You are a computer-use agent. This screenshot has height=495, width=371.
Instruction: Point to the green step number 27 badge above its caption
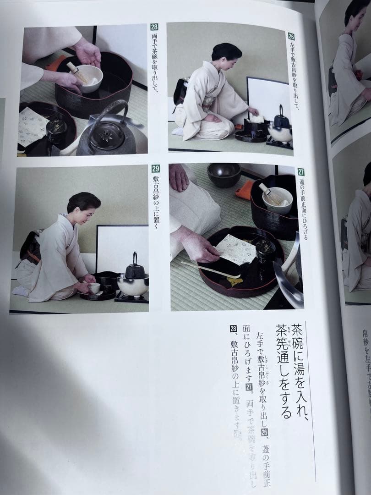[x=301, y=173]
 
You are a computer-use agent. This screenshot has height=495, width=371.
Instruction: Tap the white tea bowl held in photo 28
[x=87, y=78]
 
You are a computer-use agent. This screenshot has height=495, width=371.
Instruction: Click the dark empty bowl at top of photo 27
[x=224, y=174]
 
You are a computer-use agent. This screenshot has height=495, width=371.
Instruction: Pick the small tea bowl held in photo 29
[x=94, y=288]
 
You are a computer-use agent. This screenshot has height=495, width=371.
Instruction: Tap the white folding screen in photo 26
[x=268, y=96]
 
